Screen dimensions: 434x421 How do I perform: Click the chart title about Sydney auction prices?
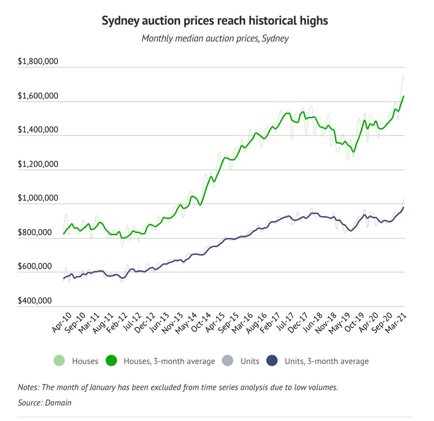[x=215, y=21]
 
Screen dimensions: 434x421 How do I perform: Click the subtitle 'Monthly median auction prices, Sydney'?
[x=215, y=39]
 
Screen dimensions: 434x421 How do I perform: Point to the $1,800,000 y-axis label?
[x=38, y=61]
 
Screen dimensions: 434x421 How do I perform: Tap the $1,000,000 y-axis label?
[x=38, y=198]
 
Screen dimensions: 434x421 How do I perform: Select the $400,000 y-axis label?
[x=35, y=300]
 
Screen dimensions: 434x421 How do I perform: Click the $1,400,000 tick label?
[x=38, y=129]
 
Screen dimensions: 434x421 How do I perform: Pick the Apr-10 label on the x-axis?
[x=62, y=322]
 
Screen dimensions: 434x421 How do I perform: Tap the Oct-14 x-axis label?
[x=201, y=322]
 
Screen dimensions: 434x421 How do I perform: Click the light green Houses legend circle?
[x=59, y=361]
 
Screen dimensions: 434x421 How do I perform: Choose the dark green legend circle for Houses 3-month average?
[x=111, y=361]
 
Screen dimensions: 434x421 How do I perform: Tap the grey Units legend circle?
[x=227, y=361]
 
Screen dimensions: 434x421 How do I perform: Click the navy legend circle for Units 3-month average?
[x=272, y=361]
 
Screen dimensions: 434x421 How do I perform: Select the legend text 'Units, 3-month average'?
[x=327, y=361]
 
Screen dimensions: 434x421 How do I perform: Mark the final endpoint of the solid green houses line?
[x=403, y=96]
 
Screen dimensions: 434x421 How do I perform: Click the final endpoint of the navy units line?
[x=403, y=207]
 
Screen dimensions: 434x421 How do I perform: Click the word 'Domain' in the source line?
[x=58, y=403]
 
